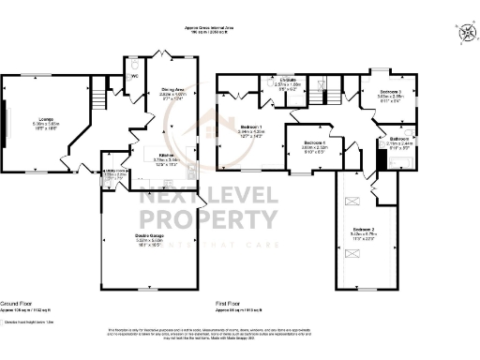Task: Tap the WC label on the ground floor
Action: point(133,76)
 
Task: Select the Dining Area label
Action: point(171,90)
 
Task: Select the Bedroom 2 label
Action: point(364,229)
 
